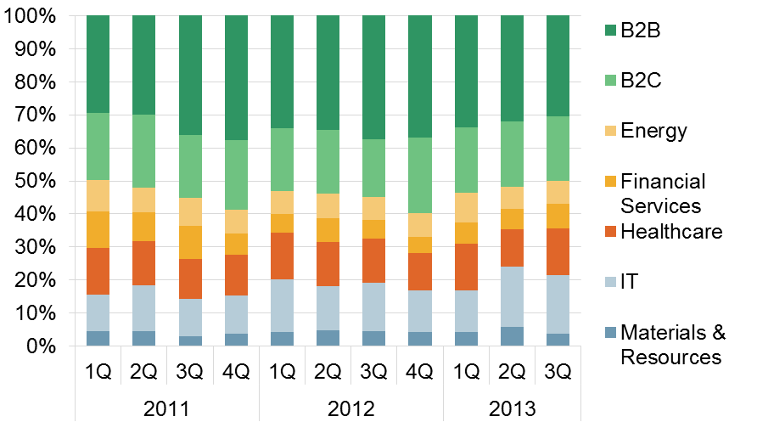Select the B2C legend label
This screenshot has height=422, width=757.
coord(641,81)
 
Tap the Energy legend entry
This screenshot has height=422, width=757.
coord(653,131)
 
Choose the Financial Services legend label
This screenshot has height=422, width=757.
coord(663,193)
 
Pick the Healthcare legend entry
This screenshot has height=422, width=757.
coord(671,231)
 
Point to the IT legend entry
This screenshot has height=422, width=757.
coord(630,281)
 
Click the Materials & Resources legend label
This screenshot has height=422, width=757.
coord(671,343)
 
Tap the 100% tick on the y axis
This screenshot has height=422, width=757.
coord(33,16)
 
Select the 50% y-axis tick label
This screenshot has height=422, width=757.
coord(37,181)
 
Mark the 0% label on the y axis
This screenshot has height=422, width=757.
coord(42,346)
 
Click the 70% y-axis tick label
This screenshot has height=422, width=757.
coord(37,115)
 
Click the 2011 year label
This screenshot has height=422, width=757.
coord(166,408)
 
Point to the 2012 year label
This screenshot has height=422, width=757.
coord(350,408)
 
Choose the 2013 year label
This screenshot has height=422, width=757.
coord(512,408)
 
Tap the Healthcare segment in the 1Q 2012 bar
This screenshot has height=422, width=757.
coord(283,256)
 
